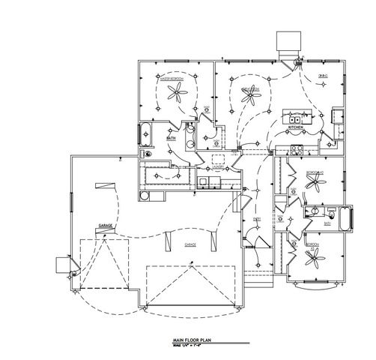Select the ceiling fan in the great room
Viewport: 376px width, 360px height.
(x=248, y=94)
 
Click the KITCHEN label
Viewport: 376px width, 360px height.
(x=295, y=128)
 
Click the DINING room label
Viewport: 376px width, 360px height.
(x=322, y=76)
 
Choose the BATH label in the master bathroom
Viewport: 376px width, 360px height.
(x=171, y=138)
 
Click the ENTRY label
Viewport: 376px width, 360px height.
(x=256, y=219)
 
